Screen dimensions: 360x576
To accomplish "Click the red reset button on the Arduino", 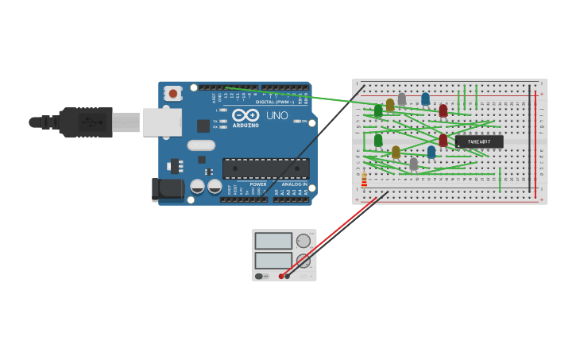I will (x=173, y=94).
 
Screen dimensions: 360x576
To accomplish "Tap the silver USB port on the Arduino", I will (x=162, y=122).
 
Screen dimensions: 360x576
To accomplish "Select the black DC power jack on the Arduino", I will (x=168, y=188).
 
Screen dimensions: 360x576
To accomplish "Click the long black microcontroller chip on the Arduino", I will (x=265, y=168).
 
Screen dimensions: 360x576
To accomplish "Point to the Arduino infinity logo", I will (x=246, y=115).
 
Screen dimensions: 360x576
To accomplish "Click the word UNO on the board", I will (x=276, y=115).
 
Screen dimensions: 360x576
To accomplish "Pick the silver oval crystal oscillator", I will (x=201, y=145).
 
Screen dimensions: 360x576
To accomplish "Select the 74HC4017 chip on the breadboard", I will (x=479, y=141).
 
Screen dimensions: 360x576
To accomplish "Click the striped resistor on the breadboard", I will (x=364, y=180).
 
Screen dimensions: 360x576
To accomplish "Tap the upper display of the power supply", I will (x=273, y=241).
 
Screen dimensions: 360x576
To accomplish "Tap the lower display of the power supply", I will (x=273, y=260).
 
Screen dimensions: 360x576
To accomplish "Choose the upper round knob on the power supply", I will (x=303, y=241).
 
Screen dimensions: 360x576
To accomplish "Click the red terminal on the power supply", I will (x=281, y=276).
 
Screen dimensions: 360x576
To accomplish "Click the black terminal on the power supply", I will (x=288, y=276).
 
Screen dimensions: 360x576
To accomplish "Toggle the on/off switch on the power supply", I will (x=261, y=276).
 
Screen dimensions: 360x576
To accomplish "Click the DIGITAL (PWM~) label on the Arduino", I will (x=276, y=102).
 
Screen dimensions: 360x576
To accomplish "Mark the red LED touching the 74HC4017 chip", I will (x=443, y=141).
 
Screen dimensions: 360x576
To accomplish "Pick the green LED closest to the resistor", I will (x=378, y=141).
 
